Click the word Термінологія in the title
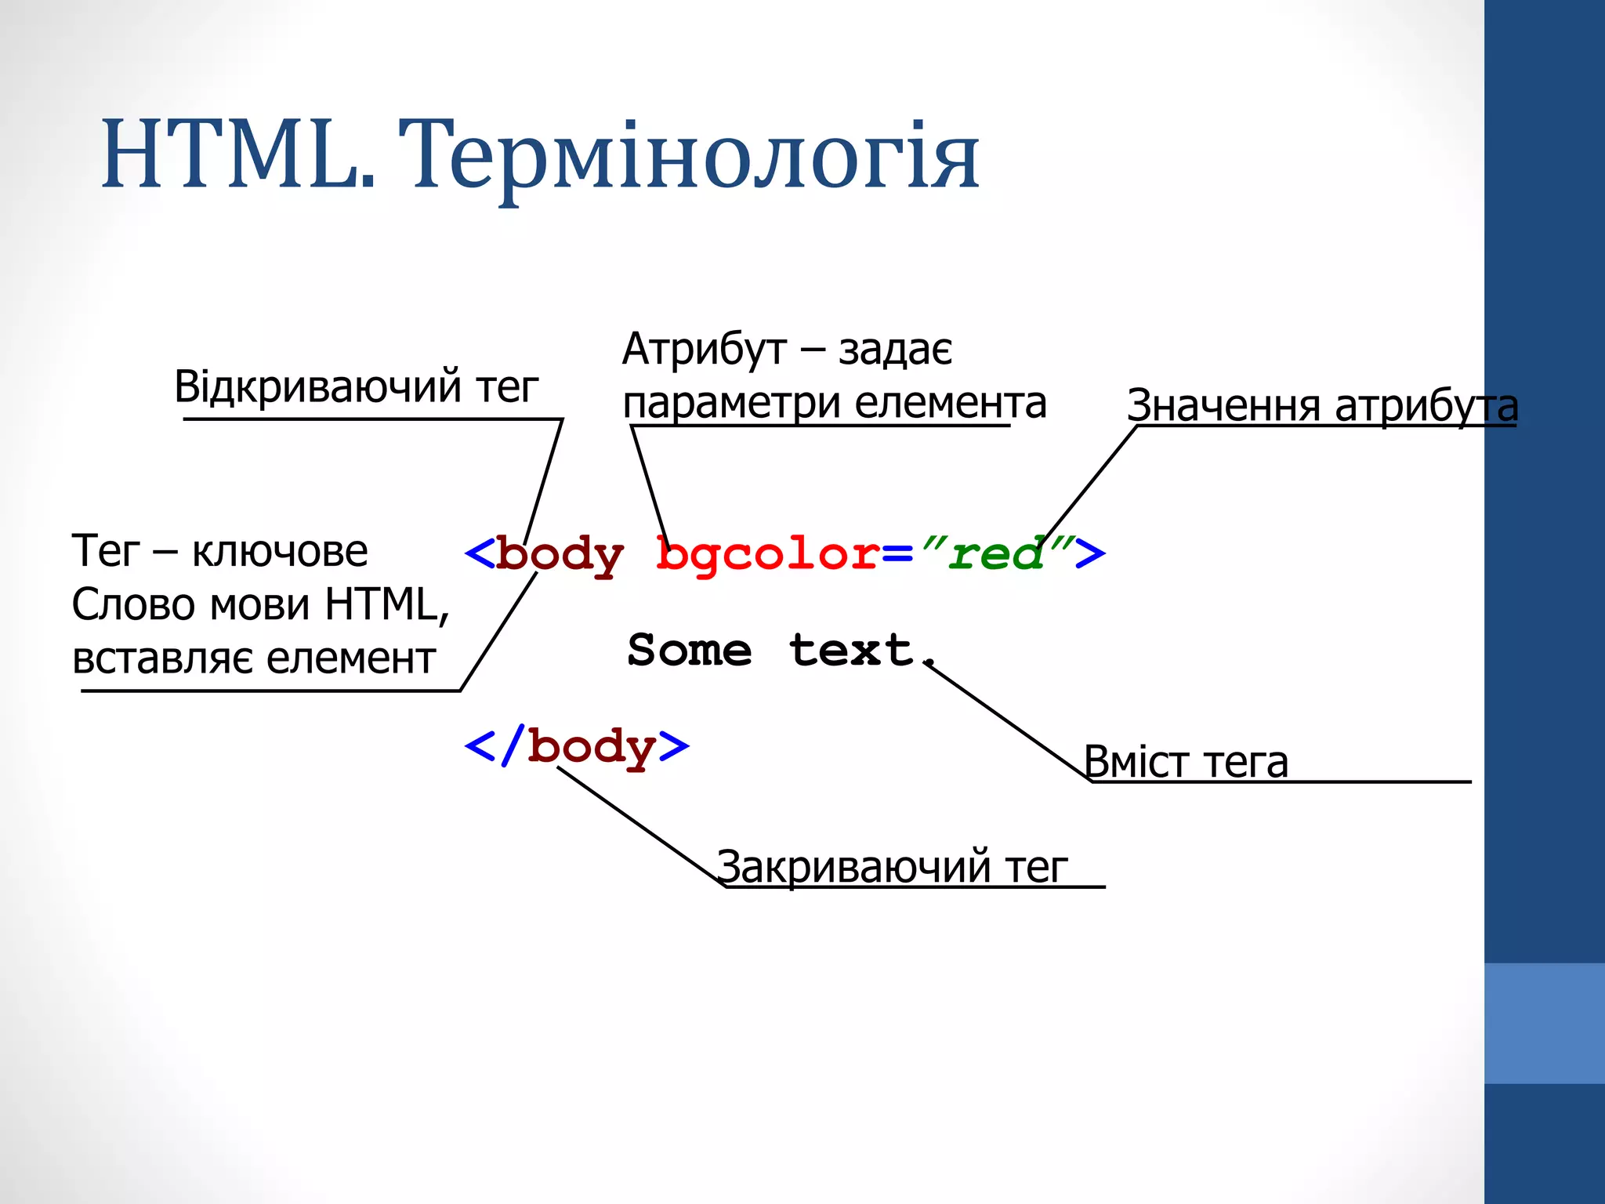(688, 157)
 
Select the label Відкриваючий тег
(357, 386)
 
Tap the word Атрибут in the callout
(704, 350)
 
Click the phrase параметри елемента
(834, 403)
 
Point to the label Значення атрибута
(1321, 406)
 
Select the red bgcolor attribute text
(768, 555)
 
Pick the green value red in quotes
(995, 553)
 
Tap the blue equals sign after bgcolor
(898, 555)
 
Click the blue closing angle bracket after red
(1089, 553)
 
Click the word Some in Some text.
(690, 651)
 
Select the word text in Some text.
(851, 651)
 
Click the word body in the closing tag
(591, 748)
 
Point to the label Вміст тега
(1185, 762)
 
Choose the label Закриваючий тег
(892, 867)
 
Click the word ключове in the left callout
(280, 551)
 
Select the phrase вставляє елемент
(253, 658)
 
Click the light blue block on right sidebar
(1544, 1023)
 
